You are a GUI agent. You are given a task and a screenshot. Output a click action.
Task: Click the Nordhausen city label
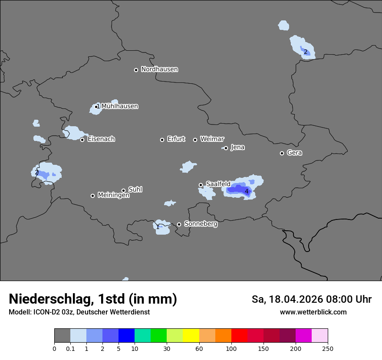point(159,69)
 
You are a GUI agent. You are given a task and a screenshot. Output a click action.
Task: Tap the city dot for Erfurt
point(162,140)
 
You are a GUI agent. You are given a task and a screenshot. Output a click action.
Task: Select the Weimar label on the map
point(212,139)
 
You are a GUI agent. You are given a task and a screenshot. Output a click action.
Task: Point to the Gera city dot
point(282,153)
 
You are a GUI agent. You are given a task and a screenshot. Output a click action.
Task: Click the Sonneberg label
point(201,224)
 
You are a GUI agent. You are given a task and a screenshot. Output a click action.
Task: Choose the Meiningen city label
point(113,196)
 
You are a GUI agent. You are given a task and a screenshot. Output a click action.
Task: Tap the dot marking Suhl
point(123,190)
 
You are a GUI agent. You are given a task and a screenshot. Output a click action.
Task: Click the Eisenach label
point(101,139)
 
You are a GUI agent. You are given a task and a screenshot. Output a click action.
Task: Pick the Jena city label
point(237,147)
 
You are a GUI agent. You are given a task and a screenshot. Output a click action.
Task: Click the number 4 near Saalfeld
point(247,191)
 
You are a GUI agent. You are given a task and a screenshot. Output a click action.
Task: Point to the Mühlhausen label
point(120,106)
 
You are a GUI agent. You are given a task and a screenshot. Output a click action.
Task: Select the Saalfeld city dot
point(201,185)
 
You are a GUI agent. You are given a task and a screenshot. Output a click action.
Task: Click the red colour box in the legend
point(239,336)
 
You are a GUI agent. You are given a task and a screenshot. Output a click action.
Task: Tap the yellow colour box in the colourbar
point(191,336)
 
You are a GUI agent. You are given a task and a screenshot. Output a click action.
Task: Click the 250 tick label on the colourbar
point(328,348)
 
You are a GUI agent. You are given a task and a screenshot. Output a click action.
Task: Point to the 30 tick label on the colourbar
point(167,348)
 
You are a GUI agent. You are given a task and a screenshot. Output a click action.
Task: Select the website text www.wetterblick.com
point(313,312)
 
